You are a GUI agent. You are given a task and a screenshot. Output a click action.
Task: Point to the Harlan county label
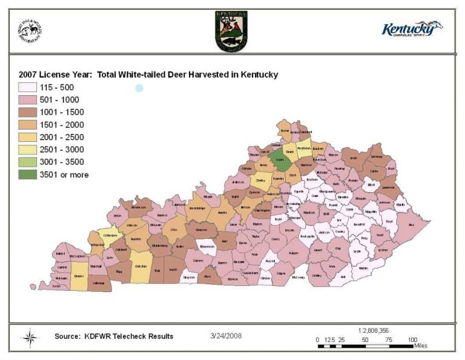tap(363, 267)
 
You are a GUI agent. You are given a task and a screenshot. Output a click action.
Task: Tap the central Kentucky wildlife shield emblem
tap(231, 30)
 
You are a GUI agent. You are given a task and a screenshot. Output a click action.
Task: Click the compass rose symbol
tap(30, 337)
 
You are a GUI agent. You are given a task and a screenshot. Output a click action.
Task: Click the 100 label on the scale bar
tap(412, 339)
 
